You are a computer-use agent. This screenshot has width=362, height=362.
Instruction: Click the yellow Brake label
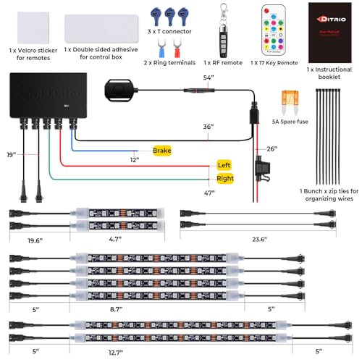(163, 151)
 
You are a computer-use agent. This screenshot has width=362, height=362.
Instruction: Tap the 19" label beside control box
(11, 154)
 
